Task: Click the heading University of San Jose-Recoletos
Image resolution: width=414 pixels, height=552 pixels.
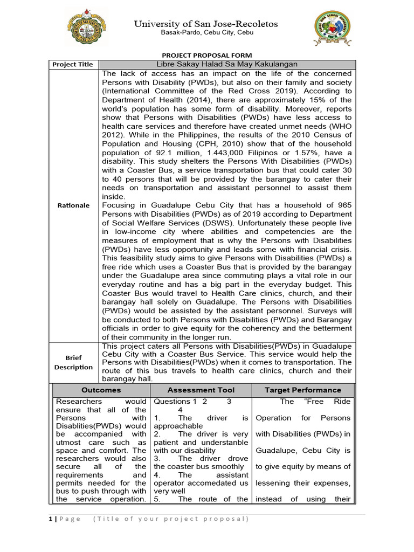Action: point(206,24)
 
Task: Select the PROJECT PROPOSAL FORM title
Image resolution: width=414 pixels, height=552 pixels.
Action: point(207,56)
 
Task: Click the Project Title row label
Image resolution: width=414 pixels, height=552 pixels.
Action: point(72,64)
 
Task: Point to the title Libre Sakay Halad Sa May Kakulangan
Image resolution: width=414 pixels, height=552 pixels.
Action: point(226,64)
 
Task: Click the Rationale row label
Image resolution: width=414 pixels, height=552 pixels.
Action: point(74,205)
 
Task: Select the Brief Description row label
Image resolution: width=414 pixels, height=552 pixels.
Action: point(73,362)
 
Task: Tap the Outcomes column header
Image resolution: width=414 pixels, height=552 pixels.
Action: point(101,390)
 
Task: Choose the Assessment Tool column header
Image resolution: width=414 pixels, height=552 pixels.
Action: point(201,390)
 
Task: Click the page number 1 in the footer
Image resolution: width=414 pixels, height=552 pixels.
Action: point(51,519)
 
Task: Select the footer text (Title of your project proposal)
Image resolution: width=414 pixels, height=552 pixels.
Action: point(171,519)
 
